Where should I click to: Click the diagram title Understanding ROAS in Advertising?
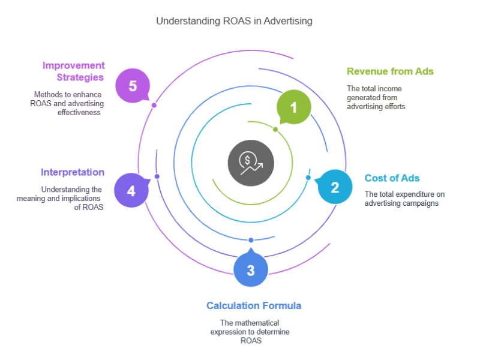point(234,21)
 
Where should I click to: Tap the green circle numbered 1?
point(293,107)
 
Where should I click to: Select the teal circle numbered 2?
point(335,187)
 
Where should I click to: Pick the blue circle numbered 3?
point(251,270)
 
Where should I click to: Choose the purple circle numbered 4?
point(131,191)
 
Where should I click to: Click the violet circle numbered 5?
point(133,86)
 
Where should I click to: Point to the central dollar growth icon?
point(250,162)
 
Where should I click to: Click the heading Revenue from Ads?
point(390,71)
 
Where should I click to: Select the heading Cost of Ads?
point(392,178)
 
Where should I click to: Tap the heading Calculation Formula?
point(254,305)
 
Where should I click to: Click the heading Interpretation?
point(73,172)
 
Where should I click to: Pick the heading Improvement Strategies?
point(73,71)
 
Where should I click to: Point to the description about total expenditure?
point(404,199)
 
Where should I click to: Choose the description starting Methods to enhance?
point(67,103)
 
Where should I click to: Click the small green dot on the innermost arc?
point(275,130)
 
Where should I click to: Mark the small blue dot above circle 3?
point(251,240)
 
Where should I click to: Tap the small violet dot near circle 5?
point(154,105)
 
